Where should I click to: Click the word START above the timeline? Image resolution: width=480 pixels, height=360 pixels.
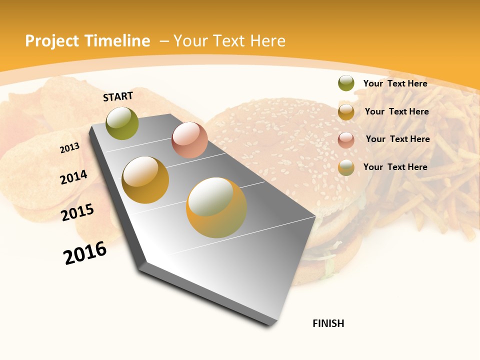[118, 96]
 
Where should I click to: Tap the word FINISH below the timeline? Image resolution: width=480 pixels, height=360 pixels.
[328, 323]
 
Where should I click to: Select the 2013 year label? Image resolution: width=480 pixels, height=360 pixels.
[69, 148]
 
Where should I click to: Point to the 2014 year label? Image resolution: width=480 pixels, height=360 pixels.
[73, 177]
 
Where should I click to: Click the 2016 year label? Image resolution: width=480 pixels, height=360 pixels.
[85, 252]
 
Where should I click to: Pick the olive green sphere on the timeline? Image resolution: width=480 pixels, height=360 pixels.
[122, 123]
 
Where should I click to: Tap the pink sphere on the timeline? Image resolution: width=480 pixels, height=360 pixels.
[189, 140]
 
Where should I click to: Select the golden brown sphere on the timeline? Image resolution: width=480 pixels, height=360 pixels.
[145, 180]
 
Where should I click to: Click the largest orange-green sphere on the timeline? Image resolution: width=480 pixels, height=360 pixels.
[216, 207]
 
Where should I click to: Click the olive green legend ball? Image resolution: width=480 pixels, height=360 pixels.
[346, 83]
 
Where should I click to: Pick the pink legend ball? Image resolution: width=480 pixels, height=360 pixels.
[346, 139]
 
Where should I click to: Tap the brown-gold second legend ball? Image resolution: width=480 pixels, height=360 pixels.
[346, 112]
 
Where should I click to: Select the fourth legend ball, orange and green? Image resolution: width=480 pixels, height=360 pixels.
[346, 167]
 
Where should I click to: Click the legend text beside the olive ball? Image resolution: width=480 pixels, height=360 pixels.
[395, 83]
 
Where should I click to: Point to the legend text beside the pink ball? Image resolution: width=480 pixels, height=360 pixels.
[397, 139]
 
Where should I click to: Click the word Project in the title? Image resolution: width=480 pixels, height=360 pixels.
[53, 41]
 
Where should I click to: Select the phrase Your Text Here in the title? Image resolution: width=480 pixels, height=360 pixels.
[229, 41]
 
